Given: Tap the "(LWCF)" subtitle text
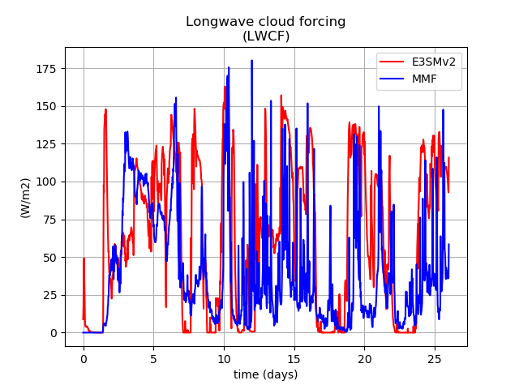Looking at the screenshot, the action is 266,36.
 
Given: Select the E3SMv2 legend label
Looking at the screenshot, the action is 434,62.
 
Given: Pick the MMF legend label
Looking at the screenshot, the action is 424,79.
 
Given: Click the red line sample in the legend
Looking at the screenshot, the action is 392,62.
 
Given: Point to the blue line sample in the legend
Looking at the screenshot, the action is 392,79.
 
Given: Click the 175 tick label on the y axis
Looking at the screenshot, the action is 46,69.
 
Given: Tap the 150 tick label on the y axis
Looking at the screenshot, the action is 46,106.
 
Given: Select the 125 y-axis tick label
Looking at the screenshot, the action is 46,144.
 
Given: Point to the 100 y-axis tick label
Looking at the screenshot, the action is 46,182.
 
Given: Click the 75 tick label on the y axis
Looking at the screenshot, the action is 49,220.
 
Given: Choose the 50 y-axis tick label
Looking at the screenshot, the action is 49,258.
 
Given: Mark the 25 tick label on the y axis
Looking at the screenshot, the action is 49,295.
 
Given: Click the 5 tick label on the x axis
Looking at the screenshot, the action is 153,359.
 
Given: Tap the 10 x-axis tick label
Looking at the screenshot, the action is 224,359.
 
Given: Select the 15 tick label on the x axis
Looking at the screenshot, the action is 294,359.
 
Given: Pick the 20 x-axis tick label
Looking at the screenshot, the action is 364,359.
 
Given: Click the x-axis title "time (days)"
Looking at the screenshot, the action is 266,374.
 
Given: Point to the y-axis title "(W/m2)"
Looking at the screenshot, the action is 25,198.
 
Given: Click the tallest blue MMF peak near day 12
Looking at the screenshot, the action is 252,61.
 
